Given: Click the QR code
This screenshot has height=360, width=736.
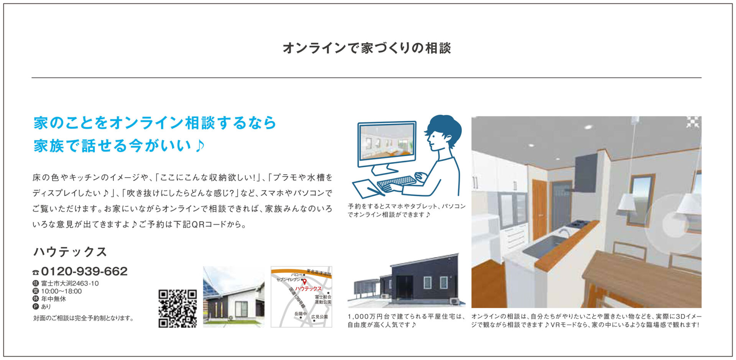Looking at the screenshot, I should (x=177, y=308).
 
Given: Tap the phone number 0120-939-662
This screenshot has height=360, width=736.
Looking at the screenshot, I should (x=84, y=271).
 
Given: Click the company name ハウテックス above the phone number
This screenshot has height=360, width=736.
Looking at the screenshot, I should (x=70, y=252).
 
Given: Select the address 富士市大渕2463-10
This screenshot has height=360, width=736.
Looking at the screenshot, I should (x=70, y=283).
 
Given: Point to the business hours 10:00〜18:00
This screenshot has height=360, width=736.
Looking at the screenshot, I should (x=61, y=291).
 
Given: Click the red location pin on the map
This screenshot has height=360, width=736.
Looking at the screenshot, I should (x=304, y=282).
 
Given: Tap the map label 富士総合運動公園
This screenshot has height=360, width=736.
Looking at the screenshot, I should (x=323, y=299).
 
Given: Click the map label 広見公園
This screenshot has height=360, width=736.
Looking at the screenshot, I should (x=319, y=317).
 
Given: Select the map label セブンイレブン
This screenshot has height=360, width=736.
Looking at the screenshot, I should (x=289, y=280).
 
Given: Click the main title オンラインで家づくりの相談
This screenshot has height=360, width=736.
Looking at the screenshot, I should (x=367, y=48).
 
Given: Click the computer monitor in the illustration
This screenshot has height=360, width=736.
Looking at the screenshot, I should (x=387, y=144).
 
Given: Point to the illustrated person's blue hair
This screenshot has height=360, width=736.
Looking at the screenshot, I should (x=445, y=128).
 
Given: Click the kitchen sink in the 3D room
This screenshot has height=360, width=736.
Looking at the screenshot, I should (x=544, y=245).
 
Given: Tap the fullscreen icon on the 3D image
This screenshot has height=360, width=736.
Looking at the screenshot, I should (x=692, y=122).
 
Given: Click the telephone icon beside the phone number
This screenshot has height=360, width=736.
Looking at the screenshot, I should (x=36, y=272).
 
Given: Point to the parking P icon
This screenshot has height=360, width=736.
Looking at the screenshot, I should (x=36, y=306).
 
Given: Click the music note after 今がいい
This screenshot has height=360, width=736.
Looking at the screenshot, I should (x=200, y=146).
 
